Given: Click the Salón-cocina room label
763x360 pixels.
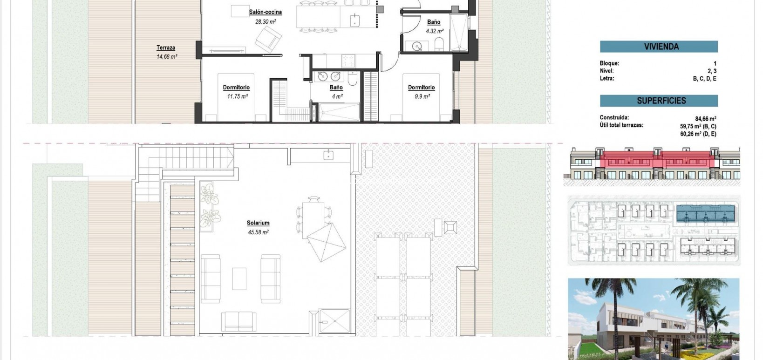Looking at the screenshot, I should click(265, 12).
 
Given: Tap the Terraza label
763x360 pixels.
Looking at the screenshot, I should click(166, 48).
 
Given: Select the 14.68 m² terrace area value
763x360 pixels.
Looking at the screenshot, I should click(167, 56).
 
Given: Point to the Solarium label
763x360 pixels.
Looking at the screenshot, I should click(258, 223).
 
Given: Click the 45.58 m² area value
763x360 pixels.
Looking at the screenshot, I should click(258, 232).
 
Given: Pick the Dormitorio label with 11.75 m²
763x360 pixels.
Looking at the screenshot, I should click(236, 88).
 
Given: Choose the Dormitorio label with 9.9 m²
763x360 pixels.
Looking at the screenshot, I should click(421, 88).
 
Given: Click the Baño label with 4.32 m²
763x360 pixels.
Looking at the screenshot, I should click(434, 22).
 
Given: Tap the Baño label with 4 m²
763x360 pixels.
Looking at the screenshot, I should click(336, 88).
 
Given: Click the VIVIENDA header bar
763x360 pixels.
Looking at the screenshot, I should click(659, 47).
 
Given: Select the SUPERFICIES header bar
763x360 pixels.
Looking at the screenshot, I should click(659, 101).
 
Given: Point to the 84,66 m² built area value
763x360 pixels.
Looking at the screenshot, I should click(705, 119).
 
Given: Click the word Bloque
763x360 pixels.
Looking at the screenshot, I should click(609, 63).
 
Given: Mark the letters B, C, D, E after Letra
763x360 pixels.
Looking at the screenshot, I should click(704, 79).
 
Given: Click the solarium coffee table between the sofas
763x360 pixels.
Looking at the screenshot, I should click(239, 278).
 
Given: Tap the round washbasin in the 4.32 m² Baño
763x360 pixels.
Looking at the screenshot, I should click(417, 46).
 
